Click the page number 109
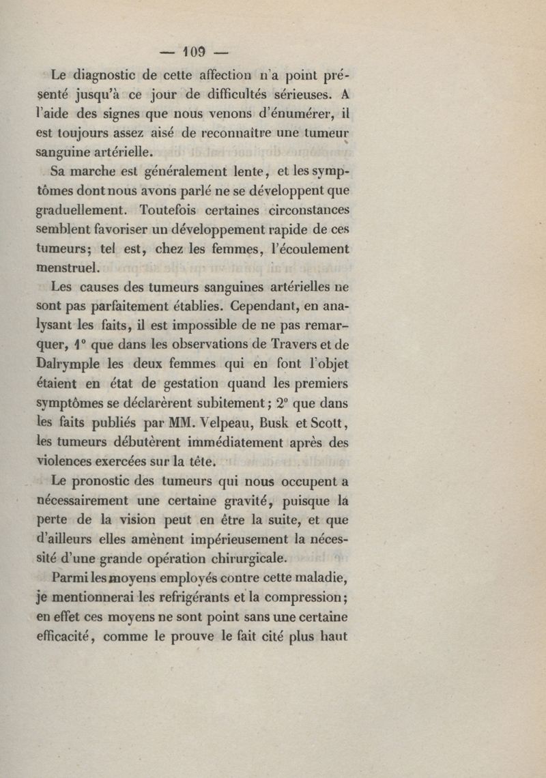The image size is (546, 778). pyautogui.click(x=195, y=53)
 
